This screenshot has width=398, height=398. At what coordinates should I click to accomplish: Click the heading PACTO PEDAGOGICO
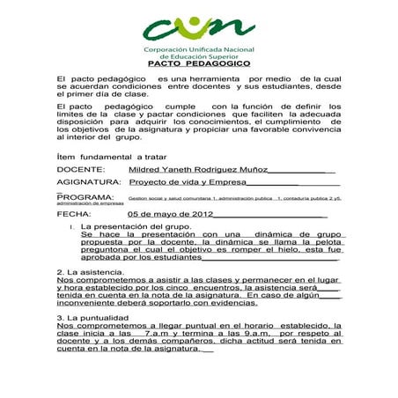tap(198, 64)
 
